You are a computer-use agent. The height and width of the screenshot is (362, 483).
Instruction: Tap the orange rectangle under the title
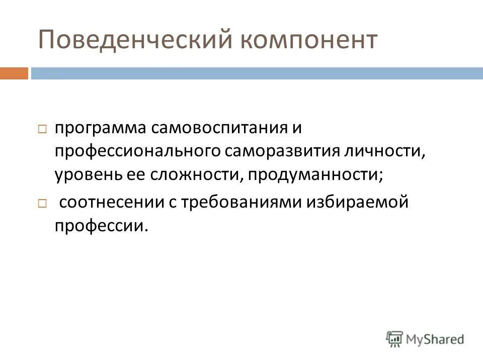[x=14, y=73]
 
